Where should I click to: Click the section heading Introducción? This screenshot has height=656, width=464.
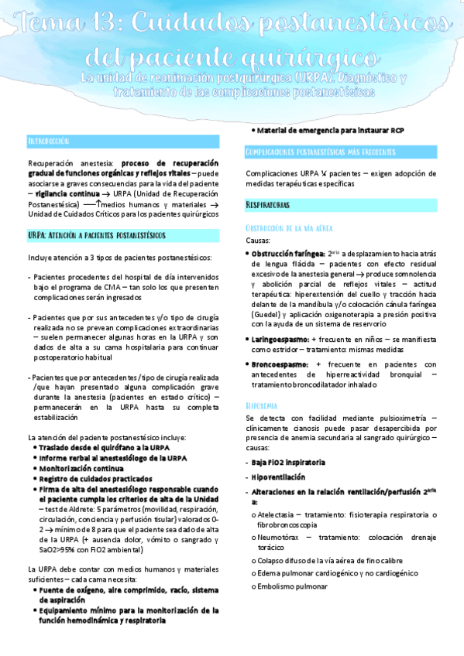click(49, 142)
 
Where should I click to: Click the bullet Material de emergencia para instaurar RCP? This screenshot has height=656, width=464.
click(335, 130)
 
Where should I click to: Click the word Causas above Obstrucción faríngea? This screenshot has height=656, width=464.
click(258, 241)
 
